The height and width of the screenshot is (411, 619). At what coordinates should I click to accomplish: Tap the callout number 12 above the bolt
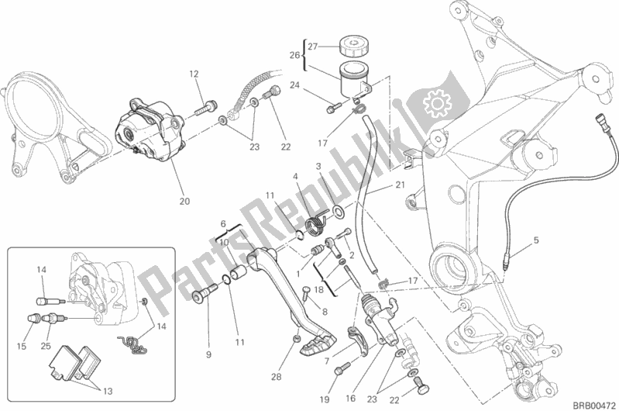click(x=194, y=74)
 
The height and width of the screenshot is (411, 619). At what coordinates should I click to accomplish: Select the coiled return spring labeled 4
click(x=313, y=226)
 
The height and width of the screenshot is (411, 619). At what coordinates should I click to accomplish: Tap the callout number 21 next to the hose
click(x=400, y=185)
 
